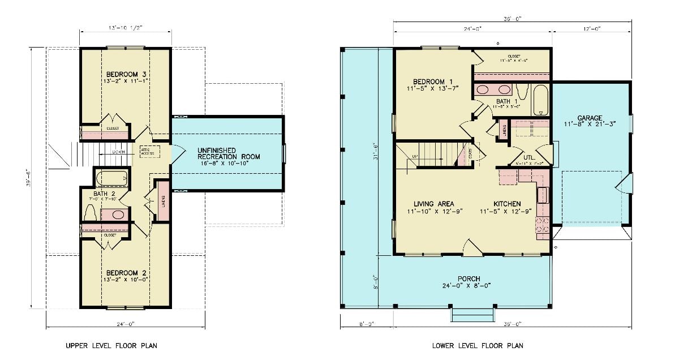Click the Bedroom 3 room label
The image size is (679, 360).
126,74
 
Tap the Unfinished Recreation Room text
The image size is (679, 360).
229,153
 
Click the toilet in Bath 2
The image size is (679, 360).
90,213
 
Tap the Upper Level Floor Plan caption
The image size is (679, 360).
111,345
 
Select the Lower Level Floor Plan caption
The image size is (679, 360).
478,345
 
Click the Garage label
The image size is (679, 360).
590,118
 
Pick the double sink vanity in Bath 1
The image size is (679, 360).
493,89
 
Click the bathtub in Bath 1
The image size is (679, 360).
540,100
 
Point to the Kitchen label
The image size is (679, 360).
507,204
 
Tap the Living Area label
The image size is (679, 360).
433,204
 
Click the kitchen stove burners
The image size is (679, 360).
543,225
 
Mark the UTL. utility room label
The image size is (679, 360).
530,158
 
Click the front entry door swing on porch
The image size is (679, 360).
472,247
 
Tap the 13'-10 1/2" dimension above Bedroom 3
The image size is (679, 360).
125,27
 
